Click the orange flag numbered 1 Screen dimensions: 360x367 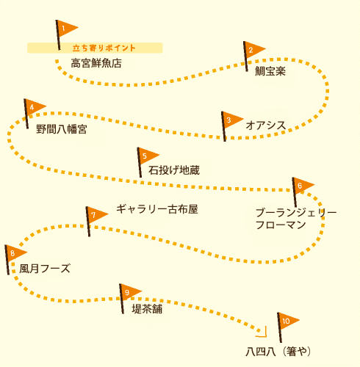coord(65,29)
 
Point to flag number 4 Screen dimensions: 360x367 coord(33,108)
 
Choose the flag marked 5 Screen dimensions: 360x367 coord(146,156)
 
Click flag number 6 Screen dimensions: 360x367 coord(301,186)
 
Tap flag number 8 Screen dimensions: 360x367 coord(14,253)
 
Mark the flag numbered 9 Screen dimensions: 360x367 coord(129,293)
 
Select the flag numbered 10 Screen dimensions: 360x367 coord(287,321)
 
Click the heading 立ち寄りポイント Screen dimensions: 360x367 coord(104,48)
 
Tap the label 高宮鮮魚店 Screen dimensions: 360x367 coord(96,63)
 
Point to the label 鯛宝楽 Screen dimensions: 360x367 coord(270,71)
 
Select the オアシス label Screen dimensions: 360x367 coord(266,126)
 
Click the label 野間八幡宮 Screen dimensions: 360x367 coord(62,129)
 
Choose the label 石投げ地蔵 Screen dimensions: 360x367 coord(174,170)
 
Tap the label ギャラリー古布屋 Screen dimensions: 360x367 coord(157,209)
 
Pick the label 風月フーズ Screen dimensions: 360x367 coord(45,269)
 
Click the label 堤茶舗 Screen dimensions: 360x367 coord(147,309)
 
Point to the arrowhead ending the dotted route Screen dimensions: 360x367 coord(264,334)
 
